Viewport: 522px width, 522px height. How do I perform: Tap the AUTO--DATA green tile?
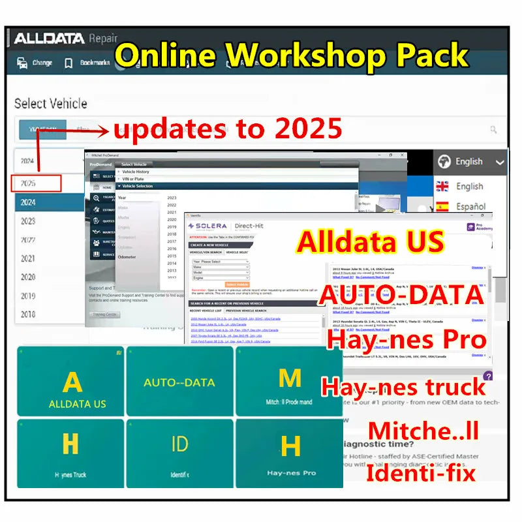coord(179,382)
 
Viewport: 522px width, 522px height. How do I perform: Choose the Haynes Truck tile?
coord(70,453)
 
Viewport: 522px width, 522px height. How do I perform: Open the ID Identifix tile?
coord(179,453)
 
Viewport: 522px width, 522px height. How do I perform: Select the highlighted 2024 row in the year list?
coord(50,202)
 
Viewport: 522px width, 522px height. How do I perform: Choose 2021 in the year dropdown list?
coord(28,258)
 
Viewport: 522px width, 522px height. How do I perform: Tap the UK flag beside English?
coord(442,186)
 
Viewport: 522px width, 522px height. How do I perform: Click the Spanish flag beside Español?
coord(442,206)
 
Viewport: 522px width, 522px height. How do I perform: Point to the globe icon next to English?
coord(444,161)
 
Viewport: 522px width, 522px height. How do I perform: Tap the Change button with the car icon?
coord(34,63)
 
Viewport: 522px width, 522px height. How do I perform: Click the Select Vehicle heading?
coord(50,103)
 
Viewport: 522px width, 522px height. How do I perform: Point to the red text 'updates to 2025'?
coord(227,129)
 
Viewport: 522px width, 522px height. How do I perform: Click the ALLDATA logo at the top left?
coord(49,38)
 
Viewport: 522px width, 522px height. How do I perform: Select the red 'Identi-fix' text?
coord(420,472)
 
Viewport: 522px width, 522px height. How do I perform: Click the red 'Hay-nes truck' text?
coord(403,386)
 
